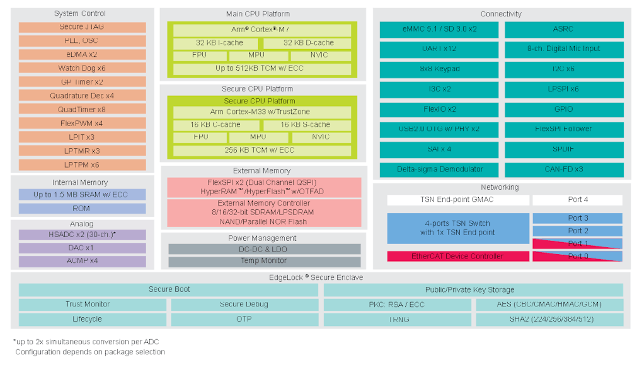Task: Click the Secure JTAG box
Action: pos(82,27)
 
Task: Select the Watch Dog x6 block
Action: pos(82,68)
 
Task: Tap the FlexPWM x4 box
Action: pos(82,124)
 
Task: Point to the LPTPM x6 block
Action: pos(82,165)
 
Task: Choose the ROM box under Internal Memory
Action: pos(82,209)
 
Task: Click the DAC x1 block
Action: pos(82,248)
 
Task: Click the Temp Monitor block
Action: pos(264,261)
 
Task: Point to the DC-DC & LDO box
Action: pos(264,249)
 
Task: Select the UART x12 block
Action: pos(439,49)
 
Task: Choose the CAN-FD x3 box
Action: pos(564,170)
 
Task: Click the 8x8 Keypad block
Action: pos(439,69)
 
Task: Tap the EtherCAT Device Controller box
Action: pos(457,257)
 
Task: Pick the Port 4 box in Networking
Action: pos(577,200)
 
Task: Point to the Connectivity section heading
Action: pos(501,15)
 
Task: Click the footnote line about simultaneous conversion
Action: pos(86,341)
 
